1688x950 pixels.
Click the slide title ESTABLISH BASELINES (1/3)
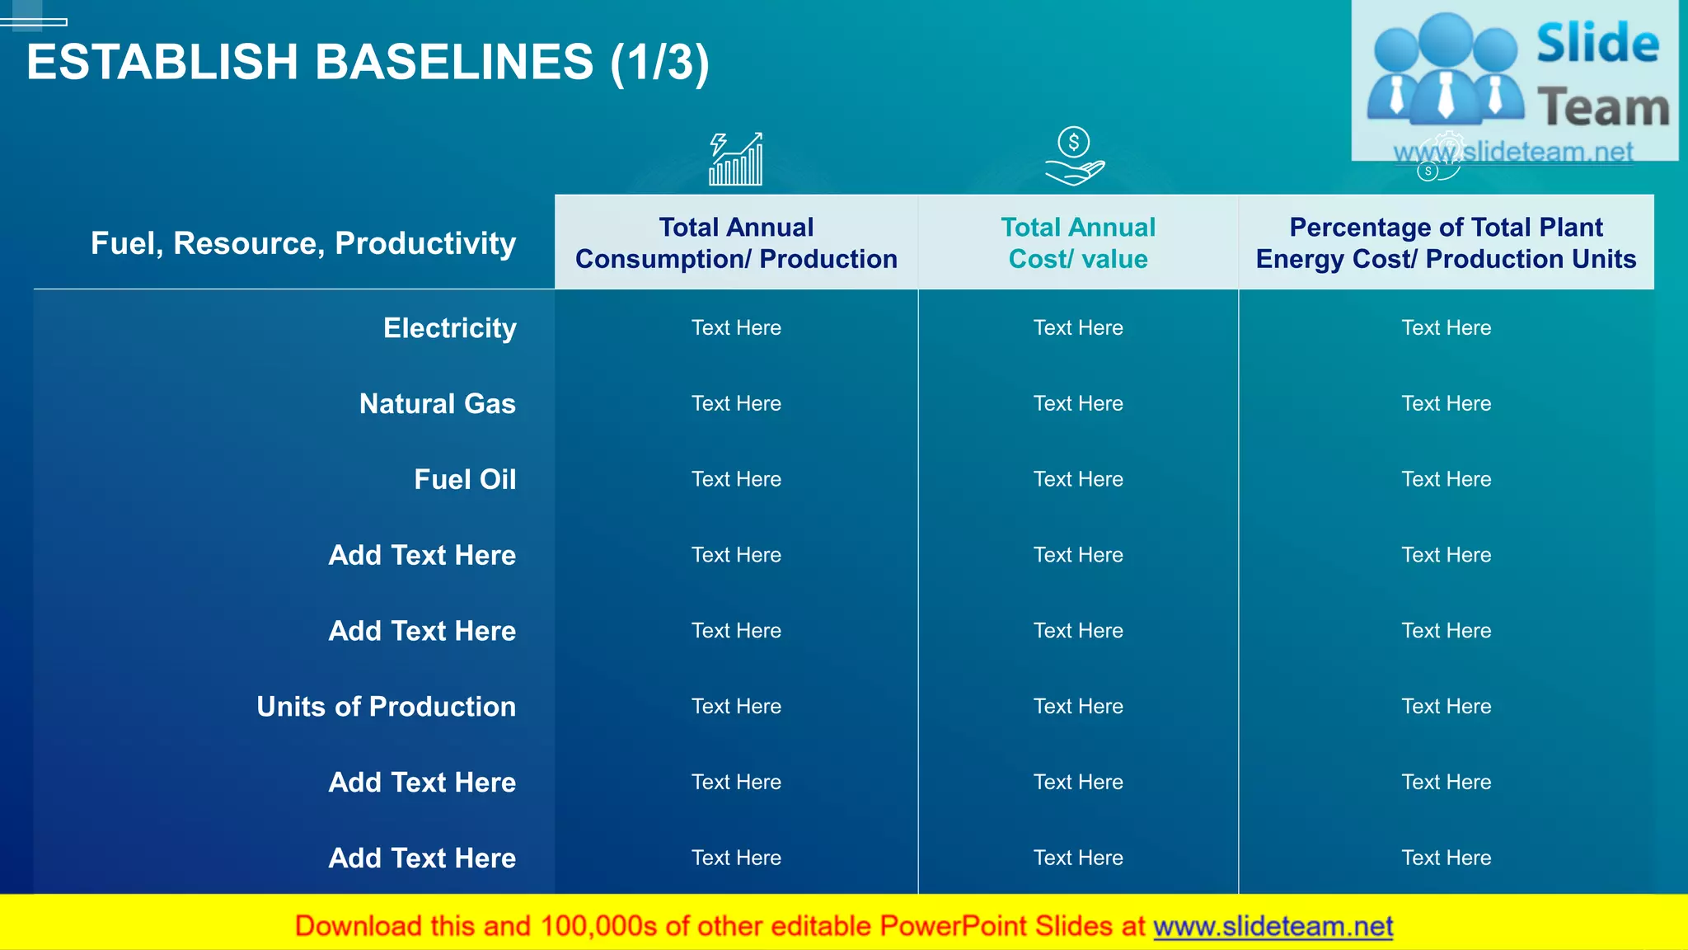tap(368, 63)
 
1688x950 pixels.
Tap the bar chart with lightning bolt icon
tap(736, 159)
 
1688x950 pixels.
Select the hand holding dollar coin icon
tap(1074, 157)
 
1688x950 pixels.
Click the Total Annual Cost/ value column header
tap(1078, 242)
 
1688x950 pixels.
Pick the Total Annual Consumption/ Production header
tap(736, 242)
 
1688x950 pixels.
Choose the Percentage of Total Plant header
tap(1446, 242)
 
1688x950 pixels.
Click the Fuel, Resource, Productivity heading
tap(303, 243)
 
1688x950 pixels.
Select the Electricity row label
tap(449, 328)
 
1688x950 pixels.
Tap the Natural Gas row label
tap(437, 404)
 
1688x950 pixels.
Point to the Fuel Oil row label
tap(465, 479)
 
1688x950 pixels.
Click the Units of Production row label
tap(386, 707)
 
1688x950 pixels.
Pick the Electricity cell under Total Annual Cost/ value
tap(1078, 328)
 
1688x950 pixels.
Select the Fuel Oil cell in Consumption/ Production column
tap(736, 479)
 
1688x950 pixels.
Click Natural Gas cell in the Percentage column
tap(1446, 404)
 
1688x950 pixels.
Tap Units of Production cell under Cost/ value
tap(1078, 707)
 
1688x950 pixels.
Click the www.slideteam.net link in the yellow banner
tap(1273, 927)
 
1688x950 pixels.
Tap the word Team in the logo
tap(1602, 108)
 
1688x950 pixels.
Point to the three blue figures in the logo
tap(1445, 70)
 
